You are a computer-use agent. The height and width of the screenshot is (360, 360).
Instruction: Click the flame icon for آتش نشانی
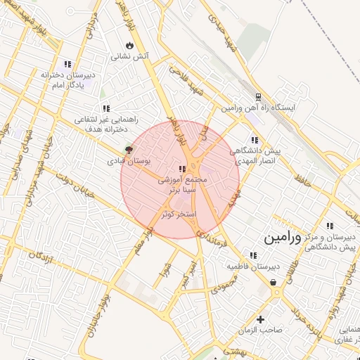pyautogui.click(x=129, y=45)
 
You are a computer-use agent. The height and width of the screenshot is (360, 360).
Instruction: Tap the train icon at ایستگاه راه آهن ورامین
pyautogui.click(x=258, y=96)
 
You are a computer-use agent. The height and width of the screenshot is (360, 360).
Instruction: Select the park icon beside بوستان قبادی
pyautogui.click(x=128, y=149)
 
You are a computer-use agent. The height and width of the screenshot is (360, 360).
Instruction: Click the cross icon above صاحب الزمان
pyautogui.click(x=260, y=319)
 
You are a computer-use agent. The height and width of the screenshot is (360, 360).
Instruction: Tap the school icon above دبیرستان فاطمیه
pyautogui.click(x=253, y=255)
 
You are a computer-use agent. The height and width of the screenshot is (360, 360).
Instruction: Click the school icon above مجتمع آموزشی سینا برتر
pyautogui.click(x=182, y=169)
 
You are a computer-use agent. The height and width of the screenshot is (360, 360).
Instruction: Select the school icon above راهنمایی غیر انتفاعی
pyautogui.click(x=105, y=108)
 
